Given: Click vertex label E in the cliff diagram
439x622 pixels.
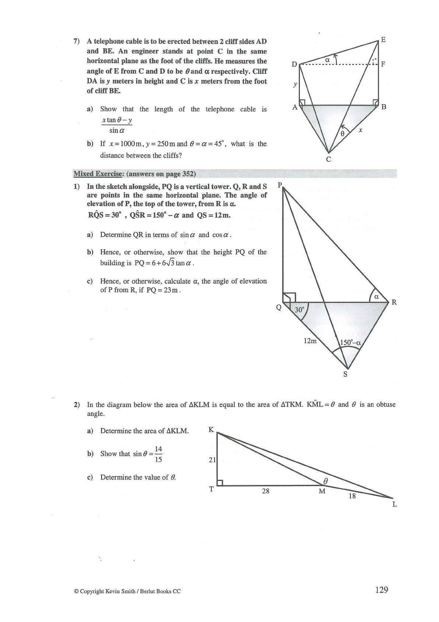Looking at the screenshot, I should point(383,40).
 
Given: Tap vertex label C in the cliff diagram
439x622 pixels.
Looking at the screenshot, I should point(328,160).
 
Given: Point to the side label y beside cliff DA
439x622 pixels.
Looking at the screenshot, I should point(295,85).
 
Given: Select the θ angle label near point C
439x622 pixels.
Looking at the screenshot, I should point(342,134).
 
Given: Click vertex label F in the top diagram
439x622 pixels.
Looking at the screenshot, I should point(383,64).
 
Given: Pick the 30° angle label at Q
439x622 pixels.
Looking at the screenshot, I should point(299,310).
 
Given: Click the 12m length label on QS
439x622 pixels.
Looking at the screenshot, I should point(310,341).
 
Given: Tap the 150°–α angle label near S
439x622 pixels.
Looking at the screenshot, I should point(350,342).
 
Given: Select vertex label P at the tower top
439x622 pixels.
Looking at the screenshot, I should point(280,185).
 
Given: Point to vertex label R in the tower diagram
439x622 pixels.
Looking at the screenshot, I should point(394,302).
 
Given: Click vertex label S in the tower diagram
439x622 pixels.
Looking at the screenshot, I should point(345,374).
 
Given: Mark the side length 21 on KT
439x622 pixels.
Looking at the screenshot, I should point(212,460).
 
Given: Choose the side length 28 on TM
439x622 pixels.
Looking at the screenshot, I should point(266,491).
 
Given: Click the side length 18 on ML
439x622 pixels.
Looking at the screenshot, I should point(352,496).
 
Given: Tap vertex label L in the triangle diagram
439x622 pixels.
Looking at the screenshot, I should point(394,504).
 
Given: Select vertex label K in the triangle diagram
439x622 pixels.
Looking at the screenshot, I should point(211,430).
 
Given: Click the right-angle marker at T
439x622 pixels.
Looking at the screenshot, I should point(220,482).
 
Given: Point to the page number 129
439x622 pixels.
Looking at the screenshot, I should point(381,590).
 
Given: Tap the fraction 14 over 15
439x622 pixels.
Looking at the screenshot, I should point(158,454).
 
